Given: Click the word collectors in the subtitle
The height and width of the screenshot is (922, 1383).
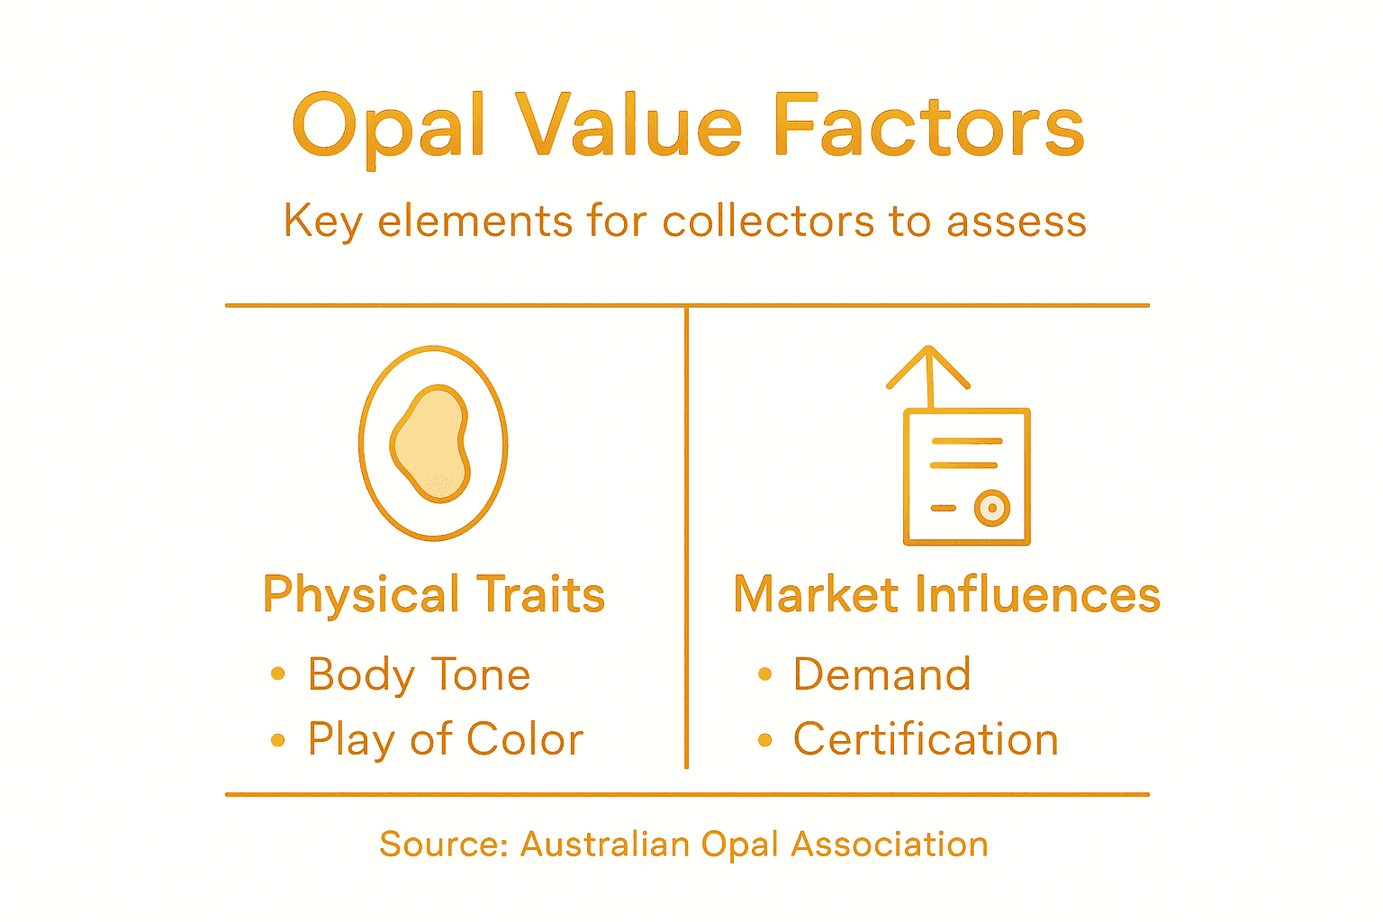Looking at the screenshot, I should pyautogui.click(x=767, y=221).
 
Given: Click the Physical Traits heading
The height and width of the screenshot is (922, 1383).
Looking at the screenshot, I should pyautogui.click(x=434, y=595).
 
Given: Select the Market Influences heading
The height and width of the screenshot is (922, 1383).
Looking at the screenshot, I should pyautogui.click(x=947, y=595).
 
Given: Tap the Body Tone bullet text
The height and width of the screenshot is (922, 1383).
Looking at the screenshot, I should pyautogui.click(x=420, y=674).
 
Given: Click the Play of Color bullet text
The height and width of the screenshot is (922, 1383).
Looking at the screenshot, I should pyautogui.click(x=446, y=740).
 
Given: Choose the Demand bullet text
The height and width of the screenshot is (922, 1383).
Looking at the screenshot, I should pyautogui.click(x=882, y=674).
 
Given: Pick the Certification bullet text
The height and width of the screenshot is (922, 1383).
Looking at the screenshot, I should pyautogui.click(x=926, y=740).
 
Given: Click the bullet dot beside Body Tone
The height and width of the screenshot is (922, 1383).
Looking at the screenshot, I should pyautogui.click(x=278, y=674).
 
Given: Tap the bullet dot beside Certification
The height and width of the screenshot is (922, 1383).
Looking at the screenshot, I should pyautogui.click(x=765, y=740).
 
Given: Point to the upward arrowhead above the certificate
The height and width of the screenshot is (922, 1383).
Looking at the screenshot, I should pyautogui.click(x=928, y=365).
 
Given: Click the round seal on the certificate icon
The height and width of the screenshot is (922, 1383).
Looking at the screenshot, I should pyautogui.click(x=992, y=508).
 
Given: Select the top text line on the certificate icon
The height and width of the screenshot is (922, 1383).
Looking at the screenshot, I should pyautogui.click(x=966, y=441).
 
